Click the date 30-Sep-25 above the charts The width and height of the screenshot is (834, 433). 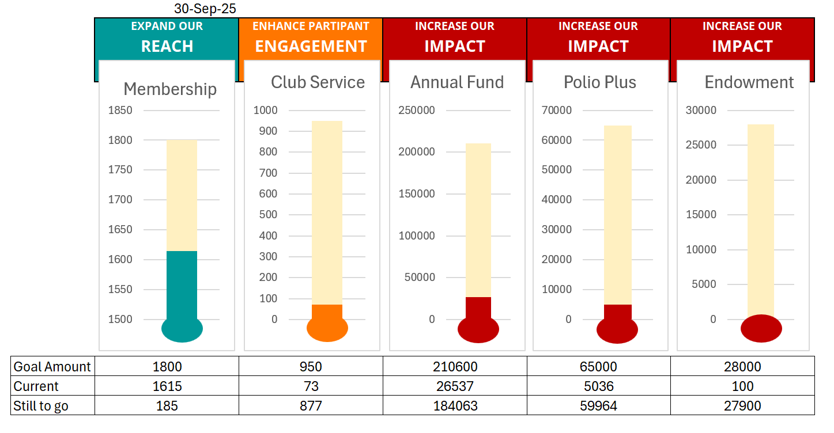[x=205, y=9]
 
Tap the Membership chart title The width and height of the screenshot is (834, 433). [x=170, y=89]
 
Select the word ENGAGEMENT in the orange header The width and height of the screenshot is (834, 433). [x=311, y=47]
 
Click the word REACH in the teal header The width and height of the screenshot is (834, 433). [x=167, y=47]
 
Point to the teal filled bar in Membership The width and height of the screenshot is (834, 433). [x=182, y=284]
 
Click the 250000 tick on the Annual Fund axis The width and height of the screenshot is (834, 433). [x=417, y=111]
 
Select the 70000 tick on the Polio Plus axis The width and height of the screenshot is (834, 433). [x=557, y=111]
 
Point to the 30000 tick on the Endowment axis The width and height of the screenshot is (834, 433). [x=701, y=111]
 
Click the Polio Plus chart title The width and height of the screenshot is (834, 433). [x=600, y=82]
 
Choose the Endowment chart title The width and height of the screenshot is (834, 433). [x=749, y=82]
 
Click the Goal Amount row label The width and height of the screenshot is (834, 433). [x=52, y=367]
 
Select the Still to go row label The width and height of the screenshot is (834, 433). [x=41, y=406]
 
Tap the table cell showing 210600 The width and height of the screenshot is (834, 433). [x=455, y=367]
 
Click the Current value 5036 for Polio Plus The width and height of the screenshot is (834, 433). [x=599, y=386]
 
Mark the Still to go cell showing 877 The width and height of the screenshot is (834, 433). [x=311, y=406]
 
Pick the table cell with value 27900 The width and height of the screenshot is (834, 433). [x=742, y=406]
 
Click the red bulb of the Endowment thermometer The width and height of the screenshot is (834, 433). [x=761, y=329]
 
